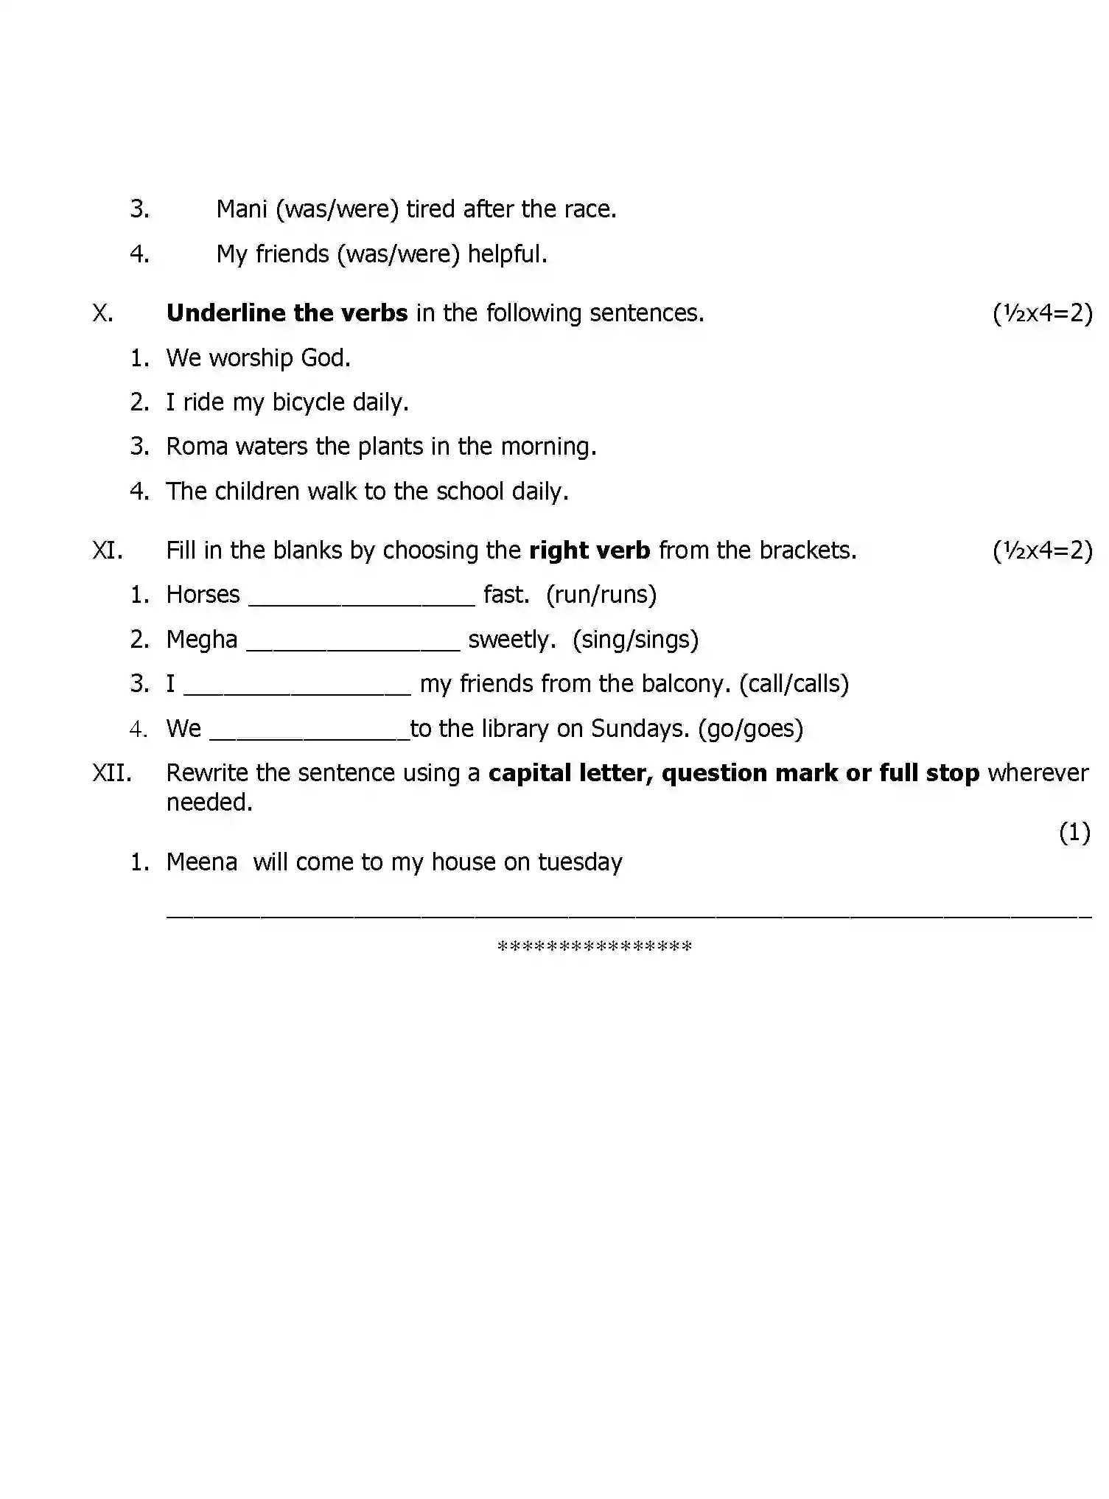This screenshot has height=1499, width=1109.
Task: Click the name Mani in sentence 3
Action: [x=241, y=209]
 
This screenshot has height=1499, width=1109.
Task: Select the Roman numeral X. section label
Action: [x=102, y=313]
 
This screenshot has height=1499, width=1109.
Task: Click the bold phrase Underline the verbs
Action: [x=287, y=313]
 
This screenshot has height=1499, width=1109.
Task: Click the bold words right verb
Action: [x=590, y=551]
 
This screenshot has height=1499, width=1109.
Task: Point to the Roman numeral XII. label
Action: [x=112, y=773]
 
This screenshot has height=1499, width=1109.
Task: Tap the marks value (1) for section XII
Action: [x=1074, y=833]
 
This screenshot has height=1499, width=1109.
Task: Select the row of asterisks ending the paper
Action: [x=595, y=947]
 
